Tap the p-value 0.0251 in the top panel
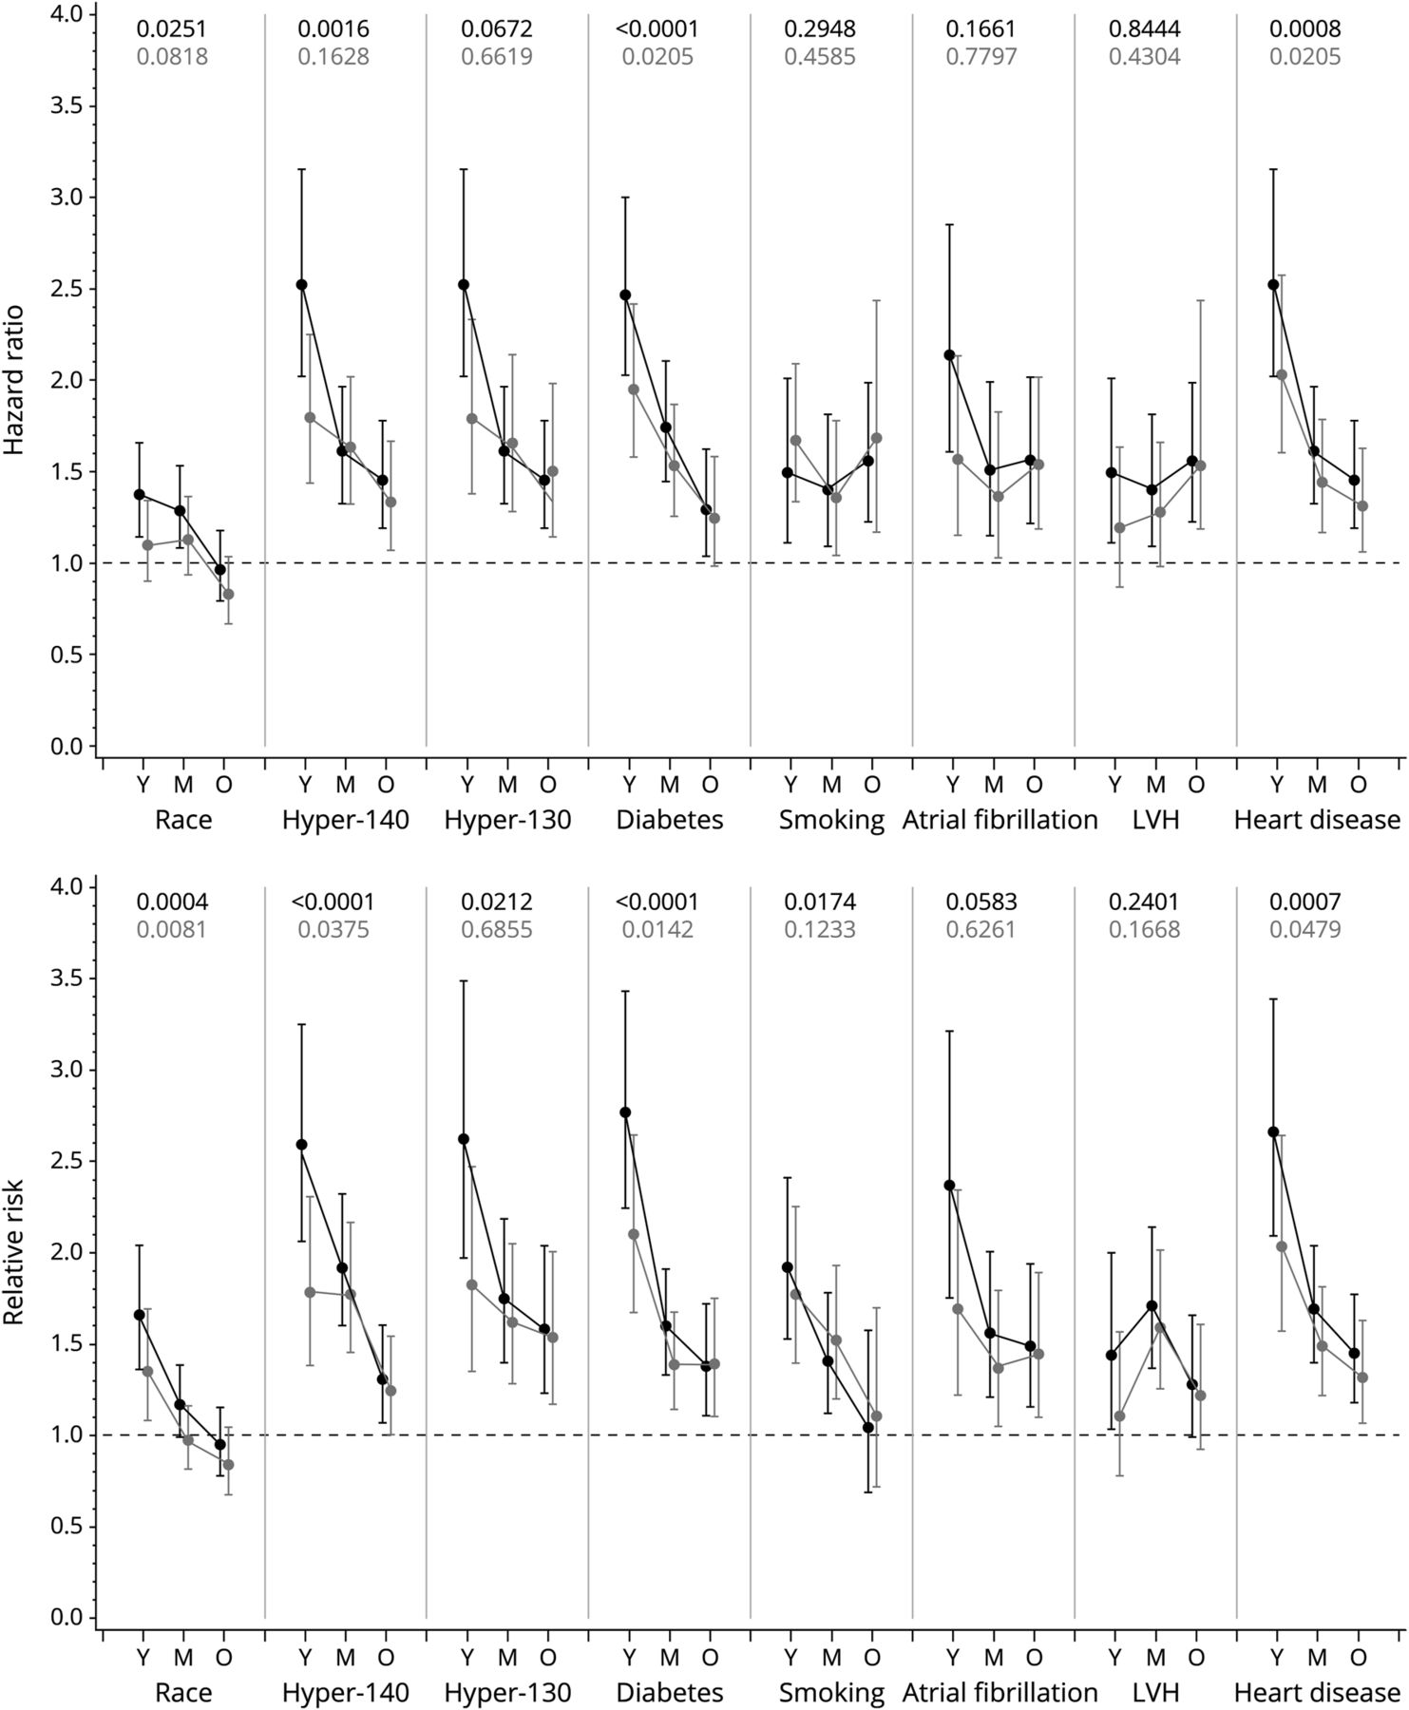tap(172, 29)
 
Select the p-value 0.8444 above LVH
tap(1145, 29)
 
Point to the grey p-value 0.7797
tap(981, 57)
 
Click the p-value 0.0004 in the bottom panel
tap(172, 902)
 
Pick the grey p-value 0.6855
tap(497, 929)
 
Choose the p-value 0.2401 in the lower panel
tap(1145, 902)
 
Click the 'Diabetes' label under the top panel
tap(670, 820)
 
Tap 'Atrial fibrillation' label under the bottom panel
tap(1000, 1692)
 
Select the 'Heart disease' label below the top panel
tap(1317, 820)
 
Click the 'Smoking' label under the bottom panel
tap(831, 1692)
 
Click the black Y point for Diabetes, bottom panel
tap(625, 1112)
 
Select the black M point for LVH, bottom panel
tap(1152, 1306)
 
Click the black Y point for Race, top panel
tap(140, 494)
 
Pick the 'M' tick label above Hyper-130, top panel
tap(507, 785)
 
